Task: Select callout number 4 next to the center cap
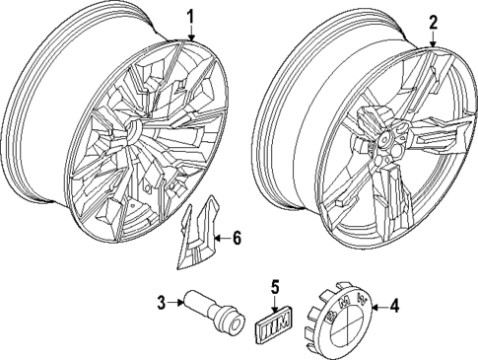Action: (393, 306)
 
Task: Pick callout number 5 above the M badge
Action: (276, 287)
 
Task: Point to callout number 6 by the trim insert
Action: (237, 237)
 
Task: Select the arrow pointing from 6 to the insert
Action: (220, 238)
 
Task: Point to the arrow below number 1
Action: (191, 32)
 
